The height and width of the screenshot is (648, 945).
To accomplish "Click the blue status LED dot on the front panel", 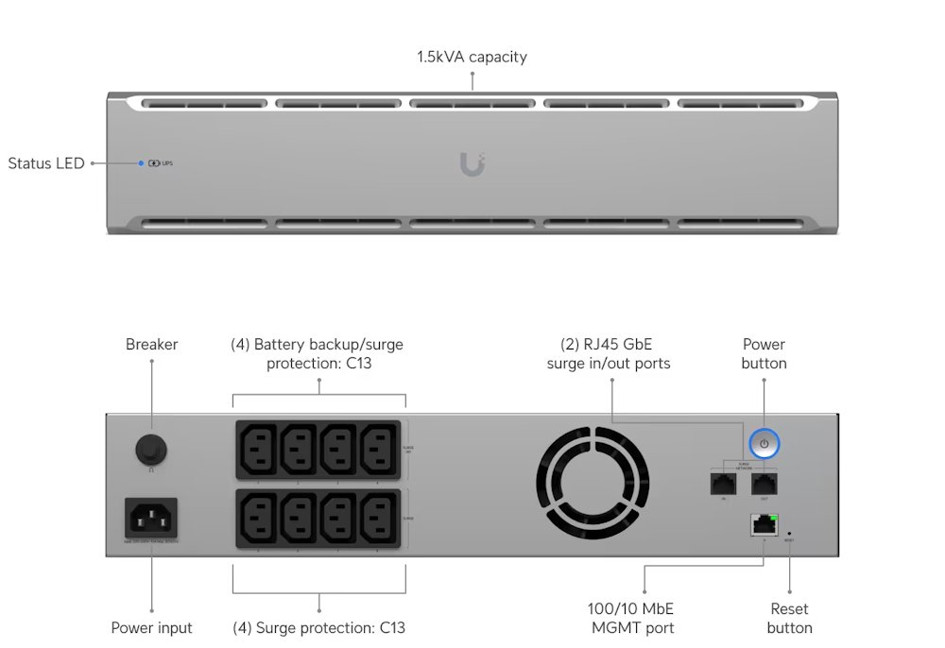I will click(141, 163).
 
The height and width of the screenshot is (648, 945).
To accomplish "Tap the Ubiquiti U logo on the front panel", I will click(472, 163).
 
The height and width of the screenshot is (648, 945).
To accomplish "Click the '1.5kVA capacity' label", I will click(472, 57).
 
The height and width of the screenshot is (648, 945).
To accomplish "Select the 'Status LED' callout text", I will click(46, 163).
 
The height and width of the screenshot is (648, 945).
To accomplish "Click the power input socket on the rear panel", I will click(151, 518).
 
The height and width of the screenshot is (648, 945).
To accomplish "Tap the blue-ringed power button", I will click(764, 443).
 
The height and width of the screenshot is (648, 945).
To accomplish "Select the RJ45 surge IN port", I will click(723, 484).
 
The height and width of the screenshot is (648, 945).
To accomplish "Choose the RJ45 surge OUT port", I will click(764, 484).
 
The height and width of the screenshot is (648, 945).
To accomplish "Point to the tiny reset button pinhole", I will click(789, 534).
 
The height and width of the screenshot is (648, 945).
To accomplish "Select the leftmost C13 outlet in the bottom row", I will click(260, 517).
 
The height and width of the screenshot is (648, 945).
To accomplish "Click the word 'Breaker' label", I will click(151, 345).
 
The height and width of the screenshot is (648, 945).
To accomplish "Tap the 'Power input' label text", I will click(151, 627).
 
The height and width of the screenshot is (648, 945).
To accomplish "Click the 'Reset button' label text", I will click(789, 618).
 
